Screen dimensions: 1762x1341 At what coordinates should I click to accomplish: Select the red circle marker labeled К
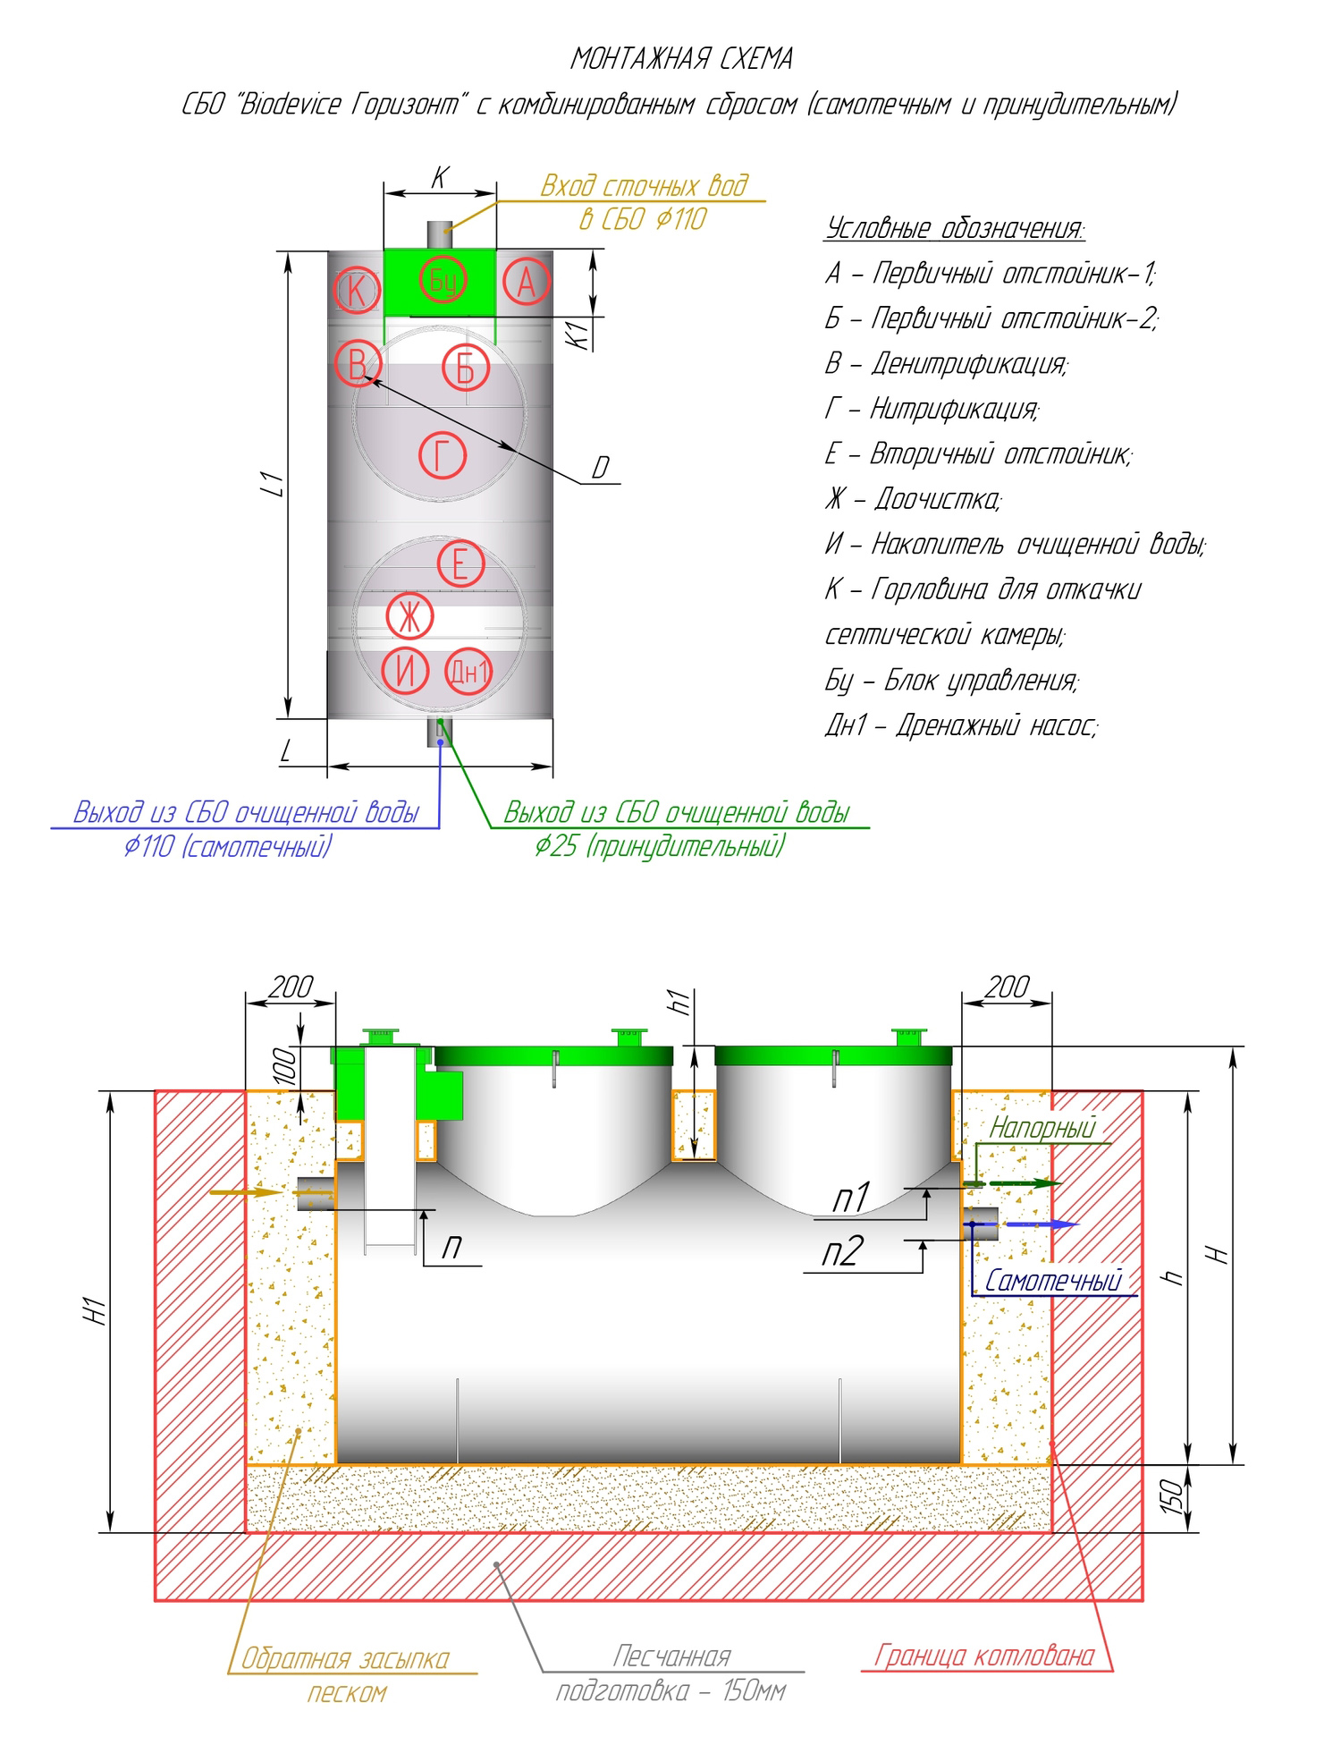click(x=357, y=291)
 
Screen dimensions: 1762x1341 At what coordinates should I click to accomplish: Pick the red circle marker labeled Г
click(x=443, y=456)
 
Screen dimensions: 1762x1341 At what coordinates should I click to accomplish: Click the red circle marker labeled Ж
click(x=409, y=616)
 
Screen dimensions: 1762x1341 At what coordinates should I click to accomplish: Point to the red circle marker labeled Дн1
click(x=468, y=670)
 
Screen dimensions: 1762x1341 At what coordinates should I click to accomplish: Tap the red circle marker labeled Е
click(x=460, y=564)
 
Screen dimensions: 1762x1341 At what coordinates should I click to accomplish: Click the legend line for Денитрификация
click(x=946, y=363)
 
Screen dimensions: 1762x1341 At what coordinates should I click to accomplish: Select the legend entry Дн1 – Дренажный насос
click(x=960, y=725)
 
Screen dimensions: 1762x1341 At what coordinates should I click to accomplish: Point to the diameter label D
click(x=600, y=468)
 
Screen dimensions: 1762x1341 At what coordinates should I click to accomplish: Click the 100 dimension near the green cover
click(x=284, y=1066)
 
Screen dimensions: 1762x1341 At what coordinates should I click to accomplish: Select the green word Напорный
click(x=1042, y=1129)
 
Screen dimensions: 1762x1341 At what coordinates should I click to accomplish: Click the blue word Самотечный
click(x=1052, y=1281)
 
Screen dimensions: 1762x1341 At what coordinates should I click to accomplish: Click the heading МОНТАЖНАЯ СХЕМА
click(x=681, y=59)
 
